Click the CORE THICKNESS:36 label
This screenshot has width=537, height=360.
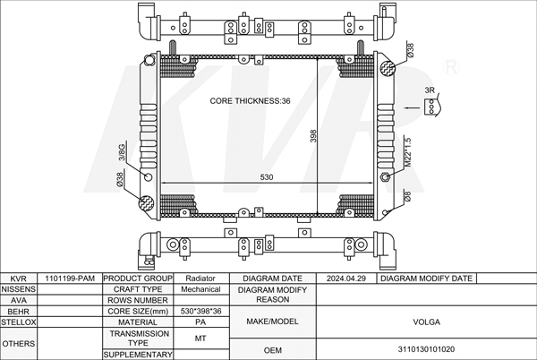[251, 101]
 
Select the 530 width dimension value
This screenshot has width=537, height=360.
[267, 177]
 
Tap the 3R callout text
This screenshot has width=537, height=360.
[430, 90]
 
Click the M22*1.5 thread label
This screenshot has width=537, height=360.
[406, 152]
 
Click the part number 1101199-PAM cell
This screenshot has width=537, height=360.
[70, 279]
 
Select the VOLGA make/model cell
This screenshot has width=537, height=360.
[424, 321]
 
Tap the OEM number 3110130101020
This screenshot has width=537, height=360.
[424, 349]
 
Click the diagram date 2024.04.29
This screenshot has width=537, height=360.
[346, 279]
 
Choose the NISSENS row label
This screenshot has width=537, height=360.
[18, 289]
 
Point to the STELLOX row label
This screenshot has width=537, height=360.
[18, 321]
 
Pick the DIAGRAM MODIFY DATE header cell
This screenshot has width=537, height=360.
[426, 279]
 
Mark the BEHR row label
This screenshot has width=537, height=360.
[18, 311]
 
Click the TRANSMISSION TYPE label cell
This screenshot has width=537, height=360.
[139, 338]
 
